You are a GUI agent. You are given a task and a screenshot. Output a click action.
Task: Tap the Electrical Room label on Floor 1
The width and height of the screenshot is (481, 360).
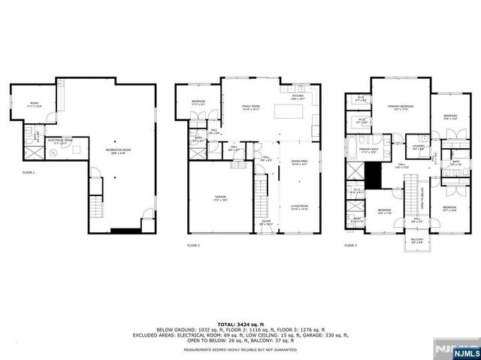coord(59,141)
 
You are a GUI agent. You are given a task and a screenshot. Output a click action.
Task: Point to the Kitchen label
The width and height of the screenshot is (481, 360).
coord(297,97)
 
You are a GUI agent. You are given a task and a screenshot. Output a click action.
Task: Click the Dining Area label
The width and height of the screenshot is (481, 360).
coord(300,162)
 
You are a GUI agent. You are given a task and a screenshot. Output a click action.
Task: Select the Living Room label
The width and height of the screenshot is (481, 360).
coord(300,208)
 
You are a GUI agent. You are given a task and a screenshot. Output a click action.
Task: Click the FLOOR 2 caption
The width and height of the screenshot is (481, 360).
coord(194,245)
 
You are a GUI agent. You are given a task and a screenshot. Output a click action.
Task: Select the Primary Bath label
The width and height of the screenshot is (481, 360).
coord(369,150)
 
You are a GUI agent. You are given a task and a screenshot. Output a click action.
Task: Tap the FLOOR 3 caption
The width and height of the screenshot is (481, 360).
coord(351,245)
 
